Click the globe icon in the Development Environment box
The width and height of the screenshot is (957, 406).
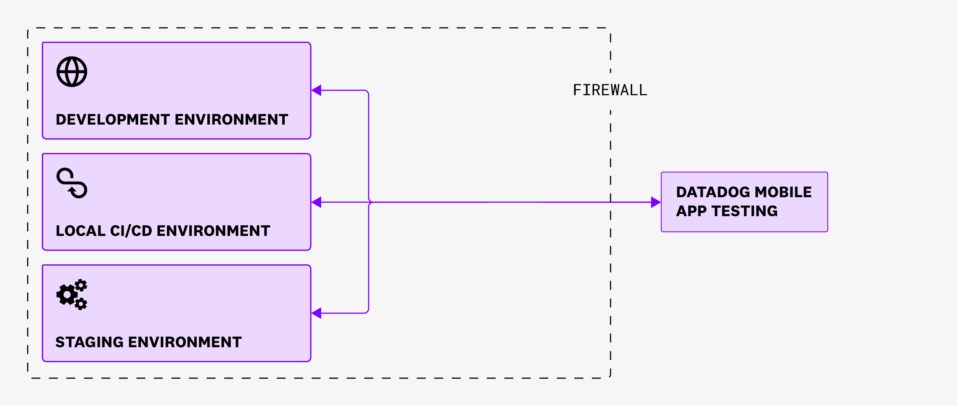72,72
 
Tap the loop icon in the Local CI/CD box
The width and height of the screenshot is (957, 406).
72,183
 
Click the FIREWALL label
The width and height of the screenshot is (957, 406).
610,90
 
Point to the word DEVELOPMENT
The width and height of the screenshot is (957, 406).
113,120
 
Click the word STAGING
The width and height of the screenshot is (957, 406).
90,342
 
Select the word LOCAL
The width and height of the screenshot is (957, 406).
81,231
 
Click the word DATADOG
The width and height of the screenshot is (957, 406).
713,192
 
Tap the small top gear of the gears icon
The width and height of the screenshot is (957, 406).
81,285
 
